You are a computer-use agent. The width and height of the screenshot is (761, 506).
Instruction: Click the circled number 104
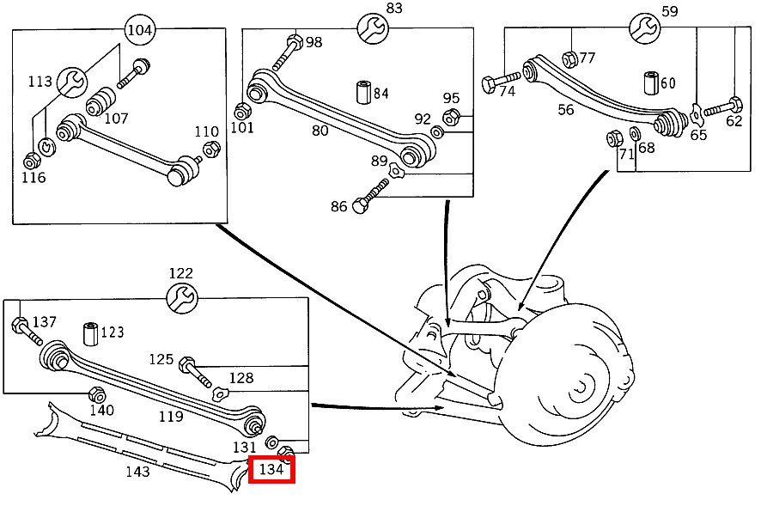click(140, 30)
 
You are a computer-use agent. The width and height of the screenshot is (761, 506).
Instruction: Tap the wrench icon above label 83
click(373, 28)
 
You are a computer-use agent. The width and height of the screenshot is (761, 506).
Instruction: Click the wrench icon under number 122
click(181, 298)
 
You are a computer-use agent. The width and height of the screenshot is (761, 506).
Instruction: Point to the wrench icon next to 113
click(73, 82)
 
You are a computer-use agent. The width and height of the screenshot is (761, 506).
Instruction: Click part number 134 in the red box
click(271, 470)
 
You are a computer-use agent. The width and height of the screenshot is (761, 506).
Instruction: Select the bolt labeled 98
click(286, 52)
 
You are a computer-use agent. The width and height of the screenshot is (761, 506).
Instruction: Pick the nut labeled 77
click(568, 58)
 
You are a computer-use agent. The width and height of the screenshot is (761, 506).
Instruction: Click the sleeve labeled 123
click(89, 332)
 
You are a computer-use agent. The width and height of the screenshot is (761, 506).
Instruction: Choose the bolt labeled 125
click(195, 371)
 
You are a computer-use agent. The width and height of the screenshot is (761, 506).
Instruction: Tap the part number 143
click(137, 471)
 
